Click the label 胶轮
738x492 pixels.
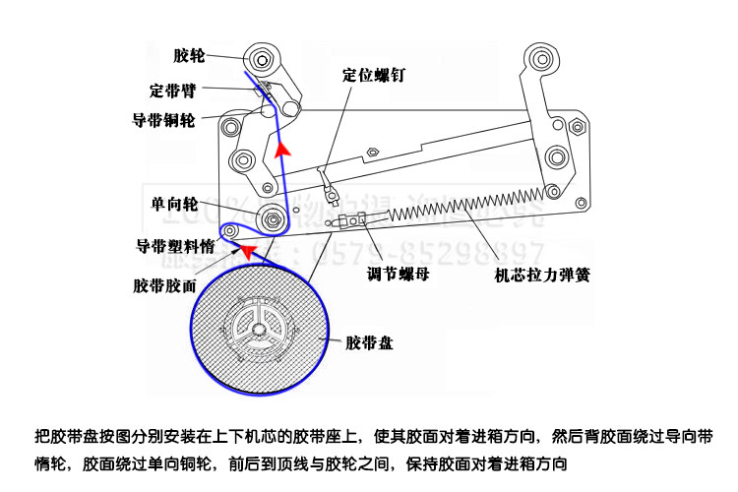coord(188,56)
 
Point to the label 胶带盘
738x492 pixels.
coord(370,343)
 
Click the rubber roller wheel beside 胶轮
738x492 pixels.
coord(260,57)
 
